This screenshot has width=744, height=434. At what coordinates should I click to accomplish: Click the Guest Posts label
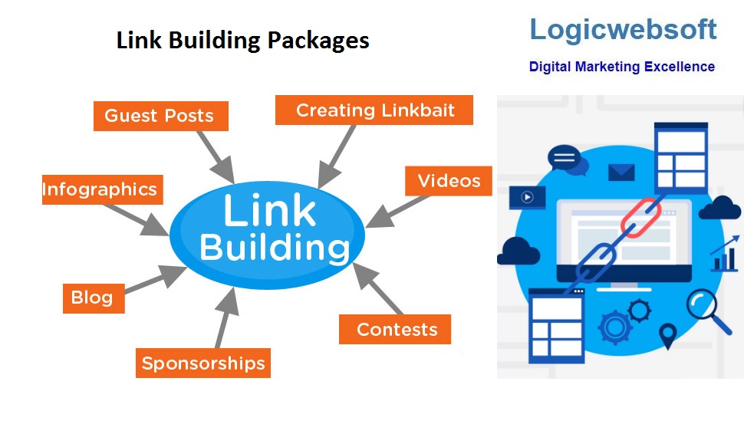click(x=160, y=116)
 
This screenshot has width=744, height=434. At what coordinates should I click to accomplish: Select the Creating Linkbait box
click(x=374, y=110)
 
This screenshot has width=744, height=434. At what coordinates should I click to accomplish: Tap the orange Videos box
click(x=449, y=181)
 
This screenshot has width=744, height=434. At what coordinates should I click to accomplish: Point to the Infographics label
click(x=100, y=189)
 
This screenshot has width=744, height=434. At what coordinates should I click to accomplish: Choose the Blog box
click(x=92, y=298)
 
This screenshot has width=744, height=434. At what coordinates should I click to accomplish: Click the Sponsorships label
click(x=202, y=363)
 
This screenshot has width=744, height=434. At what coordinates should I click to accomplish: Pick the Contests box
click(x=397, y=330)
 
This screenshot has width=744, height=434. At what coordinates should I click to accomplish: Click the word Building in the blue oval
click(x=274, y=248)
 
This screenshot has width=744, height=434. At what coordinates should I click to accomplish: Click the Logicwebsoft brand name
click(x=623, y=30)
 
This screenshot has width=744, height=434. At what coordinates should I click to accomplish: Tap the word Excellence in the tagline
click(x=679, y=67)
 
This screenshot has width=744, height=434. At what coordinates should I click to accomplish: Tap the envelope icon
click(x=621, y=173)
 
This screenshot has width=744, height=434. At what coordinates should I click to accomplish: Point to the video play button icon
click(x=527, y=197)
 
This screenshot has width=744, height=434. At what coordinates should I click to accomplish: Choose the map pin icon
click(x=668, y=336)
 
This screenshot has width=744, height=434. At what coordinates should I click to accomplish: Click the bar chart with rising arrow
click(x=724, y=255)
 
